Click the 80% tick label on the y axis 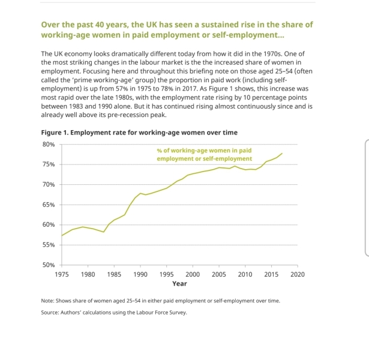[x=49, y=144]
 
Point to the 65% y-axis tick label [x=49, y=205]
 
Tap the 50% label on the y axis [x=49, y=265]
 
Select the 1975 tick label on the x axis [x=62, y=274]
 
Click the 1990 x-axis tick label [x=140, y=274]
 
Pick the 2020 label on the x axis [x=298, y=274]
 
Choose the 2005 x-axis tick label [x=219, y=274]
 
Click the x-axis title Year [x=179, y=284]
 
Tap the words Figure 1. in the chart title [x=55, y=133]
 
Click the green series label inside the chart [x=204, y=154]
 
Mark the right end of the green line [x=282, y=154]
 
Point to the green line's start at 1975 [x=62, y=236]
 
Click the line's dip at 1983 [x=104, y=232]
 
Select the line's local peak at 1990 [x=140, y=193]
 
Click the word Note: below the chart [x=48, y=301]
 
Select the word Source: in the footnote [x=50, y=313]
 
